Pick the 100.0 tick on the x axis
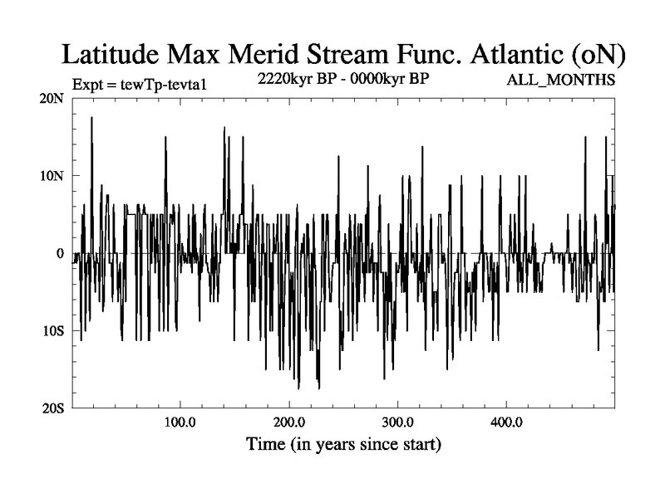180,422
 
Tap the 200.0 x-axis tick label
289,422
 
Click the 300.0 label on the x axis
398,422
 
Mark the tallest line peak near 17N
91,117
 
